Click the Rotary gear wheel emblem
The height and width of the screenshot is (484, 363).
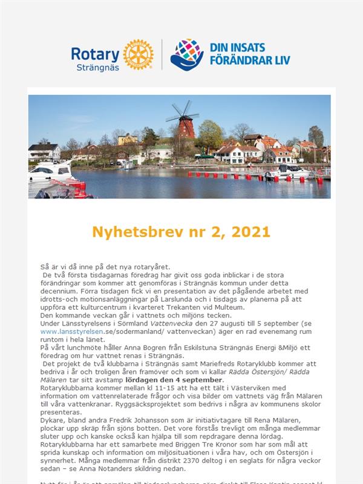point(138,54)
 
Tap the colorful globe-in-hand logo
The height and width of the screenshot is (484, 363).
point(186,54)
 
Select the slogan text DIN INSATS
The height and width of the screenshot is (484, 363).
point(234,47)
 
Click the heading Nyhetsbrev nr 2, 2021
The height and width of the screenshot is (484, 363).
point(181,232)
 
